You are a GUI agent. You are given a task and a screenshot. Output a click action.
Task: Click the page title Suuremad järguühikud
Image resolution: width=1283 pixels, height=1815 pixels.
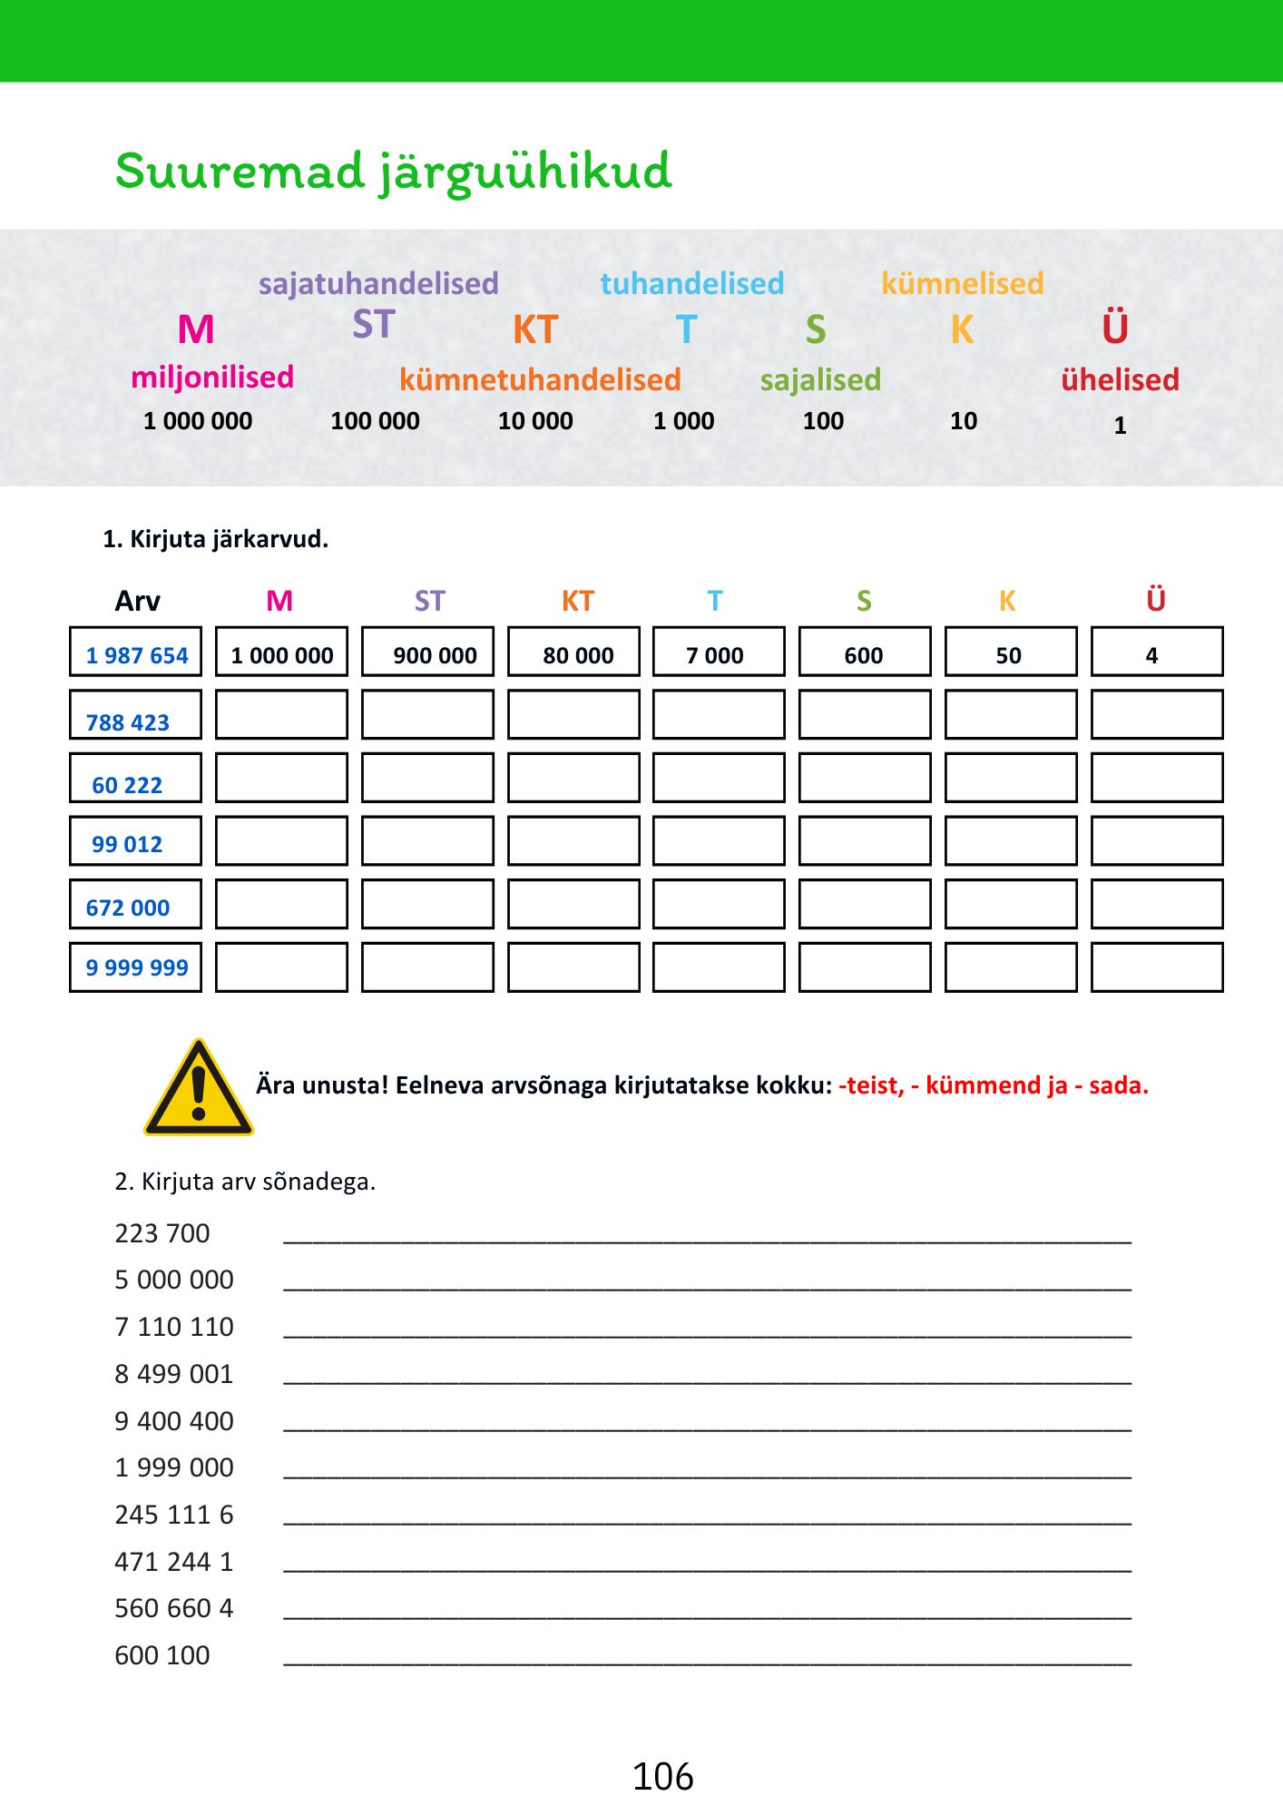pos(393,172)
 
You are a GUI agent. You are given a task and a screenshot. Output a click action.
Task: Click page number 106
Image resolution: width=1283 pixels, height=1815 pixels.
pos(662,1777)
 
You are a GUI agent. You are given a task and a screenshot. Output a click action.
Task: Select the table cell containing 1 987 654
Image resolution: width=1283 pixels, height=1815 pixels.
pos(136,652)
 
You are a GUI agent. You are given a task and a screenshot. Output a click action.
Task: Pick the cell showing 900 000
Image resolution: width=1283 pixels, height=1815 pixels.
pos(428,652)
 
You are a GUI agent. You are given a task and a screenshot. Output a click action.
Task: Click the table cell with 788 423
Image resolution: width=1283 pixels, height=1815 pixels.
pos(136,716)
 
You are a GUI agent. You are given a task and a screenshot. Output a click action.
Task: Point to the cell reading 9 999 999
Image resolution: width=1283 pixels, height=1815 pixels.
pos(136,967)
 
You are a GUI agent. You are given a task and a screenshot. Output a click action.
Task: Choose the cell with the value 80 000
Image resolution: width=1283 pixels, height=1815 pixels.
pos(573,652)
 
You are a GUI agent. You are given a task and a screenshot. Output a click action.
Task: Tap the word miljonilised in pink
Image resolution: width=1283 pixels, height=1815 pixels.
pos(212,378)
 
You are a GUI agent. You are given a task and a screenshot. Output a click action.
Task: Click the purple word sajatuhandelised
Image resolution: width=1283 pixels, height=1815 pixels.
pos(378,284)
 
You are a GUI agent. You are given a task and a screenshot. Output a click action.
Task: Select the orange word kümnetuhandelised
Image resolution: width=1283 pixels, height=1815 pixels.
pos(540,380)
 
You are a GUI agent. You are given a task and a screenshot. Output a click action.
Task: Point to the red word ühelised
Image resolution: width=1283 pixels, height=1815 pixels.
pos(1120,380)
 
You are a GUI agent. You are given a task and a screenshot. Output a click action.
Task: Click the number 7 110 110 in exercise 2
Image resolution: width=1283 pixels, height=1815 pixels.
pos(174,1327)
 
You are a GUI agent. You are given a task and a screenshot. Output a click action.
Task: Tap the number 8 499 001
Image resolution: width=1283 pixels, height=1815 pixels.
pos(174,1374)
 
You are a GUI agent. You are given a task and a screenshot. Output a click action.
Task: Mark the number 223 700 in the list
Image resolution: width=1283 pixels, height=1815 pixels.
pos(162,1233)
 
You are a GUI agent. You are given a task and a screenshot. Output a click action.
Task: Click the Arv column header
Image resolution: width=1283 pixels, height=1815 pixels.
pos(137,601)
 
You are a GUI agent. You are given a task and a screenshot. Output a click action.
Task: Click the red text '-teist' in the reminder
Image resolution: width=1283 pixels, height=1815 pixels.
pos(871,1085)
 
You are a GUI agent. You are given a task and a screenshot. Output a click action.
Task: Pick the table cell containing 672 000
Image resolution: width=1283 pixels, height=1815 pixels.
pos(136,905)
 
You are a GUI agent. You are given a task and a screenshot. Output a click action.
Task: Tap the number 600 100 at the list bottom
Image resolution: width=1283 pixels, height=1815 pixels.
pos(162,1655)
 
